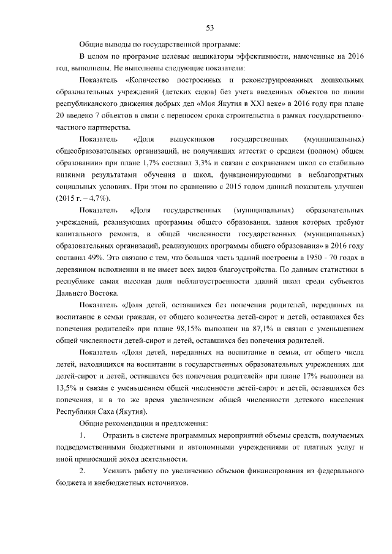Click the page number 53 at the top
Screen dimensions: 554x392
pos(209,28)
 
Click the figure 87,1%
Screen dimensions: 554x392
pos(265,329)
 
